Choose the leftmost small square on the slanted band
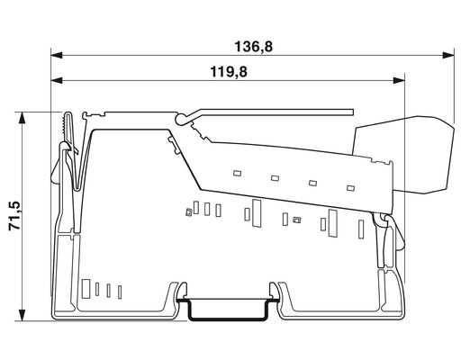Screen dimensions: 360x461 click(x=237, y=171)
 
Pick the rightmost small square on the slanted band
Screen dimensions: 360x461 click(x=350, y=188)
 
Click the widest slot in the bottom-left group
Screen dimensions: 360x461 click(x=87, y=289)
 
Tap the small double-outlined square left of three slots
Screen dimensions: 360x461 click(x=188, y=211)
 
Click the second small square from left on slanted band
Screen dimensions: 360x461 click(x=275, y=176)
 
